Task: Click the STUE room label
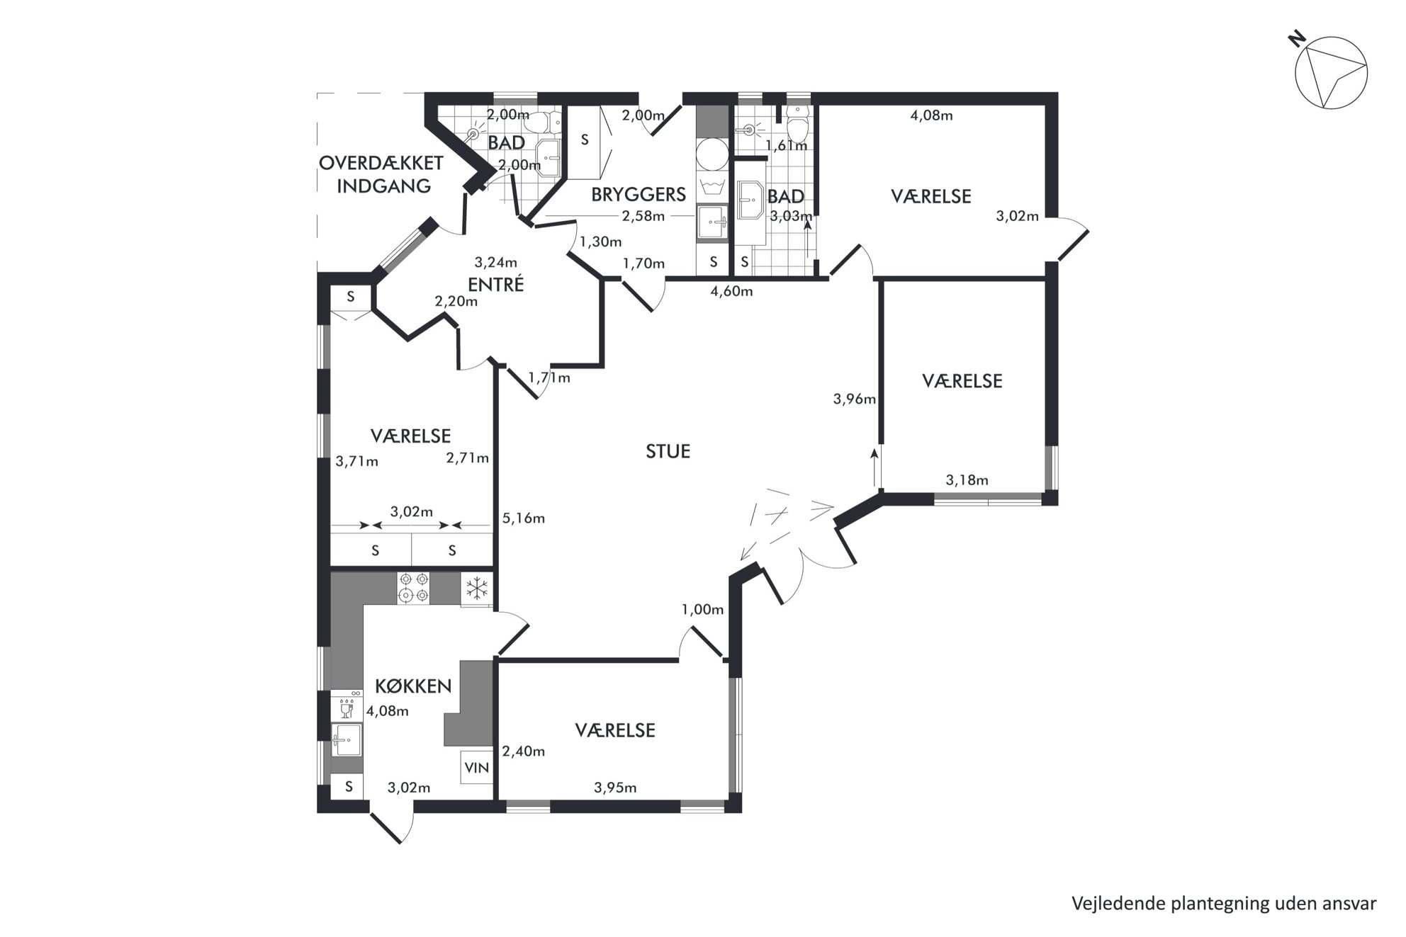pos(668,451)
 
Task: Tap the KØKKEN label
pos(413,686)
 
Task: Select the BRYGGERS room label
pos(639,194)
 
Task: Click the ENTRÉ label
pos(495,284)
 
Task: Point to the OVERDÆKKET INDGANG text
pos(381,174)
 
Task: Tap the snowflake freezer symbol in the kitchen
pos(477,588)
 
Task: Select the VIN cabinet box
pos(477,767)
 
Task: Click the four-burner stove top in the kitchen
pos(413,588)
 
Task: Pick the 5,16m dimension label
pos(524,518)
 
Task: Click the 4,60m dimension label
pos(731,291)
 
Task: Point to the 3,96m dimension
pos(854,399)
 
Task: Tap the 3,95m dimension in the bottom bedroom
pos(615,787)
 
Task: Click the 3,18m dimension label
pos(967,480)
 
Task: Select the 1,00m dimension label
pos(702,609)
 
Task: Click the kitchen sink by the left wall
pos(347,740)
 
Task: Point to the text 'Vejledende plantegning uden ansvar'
pos(1224,904)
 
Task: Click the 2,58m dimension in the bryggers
pos(643,216)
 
